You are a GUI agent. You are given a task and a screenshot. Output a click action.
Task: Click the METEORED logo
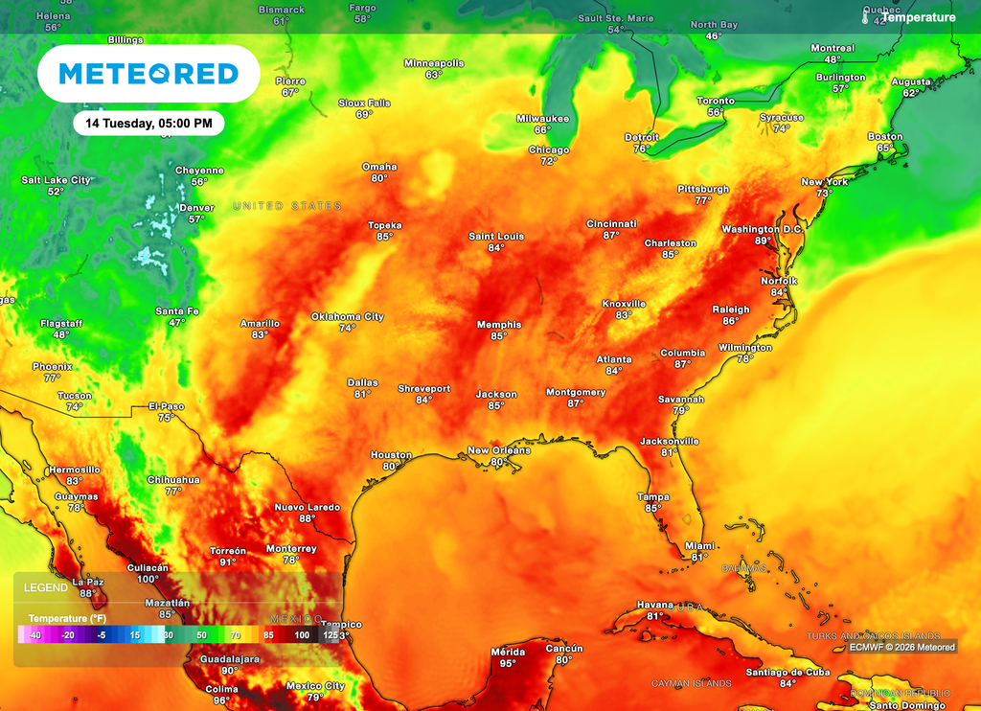tap(148, 74)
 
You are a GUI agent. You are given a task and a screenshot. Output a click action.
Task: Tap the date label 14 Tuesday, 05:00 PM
tap(148, 123)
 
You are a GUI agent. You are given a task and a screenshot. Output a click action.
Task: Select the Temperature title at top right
tap(918, 17)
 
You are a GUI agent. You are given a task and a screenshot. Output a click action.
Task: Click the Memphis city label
tap(499, 325)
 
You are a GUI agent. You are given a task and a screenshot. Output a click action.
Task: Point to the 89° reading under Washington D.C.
tap(763, 241)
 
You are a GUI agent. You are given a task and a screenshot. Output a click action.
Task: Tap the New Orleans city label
tap(498, 450)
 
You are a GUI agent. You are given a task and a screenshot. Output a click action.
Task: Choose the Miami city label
tap(699, 545)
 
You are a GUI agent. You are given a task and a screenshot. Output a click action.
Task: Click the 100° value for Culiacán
tap(148, 579)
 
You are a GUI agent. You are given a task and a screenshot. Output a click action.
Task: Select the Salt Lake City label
tap(56, 180)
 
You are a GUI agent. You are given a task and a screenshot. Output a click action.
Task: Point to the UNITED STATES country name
tap(287, 206)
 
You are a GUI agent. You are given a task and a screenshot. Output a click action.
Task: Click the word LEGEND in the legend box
tap(46, 587)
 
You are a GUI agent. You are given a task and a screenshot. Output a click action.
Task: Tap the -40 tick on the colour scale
tap(34, 634)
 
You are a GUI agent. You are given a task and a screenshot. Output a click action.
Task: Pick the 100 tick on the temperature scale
tap(302, 634)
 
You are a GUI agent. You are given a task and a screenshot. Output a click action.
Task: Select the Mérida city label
tap(508, 652)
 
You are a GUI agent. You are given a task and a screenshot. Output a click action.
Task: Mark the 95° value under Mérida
tap(508, 663)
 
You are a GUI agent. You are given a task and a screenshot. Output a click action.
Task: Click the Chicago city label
tap(549, 149)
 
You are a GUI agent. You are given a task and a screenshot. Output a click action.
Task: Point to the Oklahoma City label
tap(347, 316)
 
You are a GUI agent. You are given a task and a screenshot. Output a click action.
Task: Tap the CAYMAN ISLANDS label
tap(691, 683)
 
